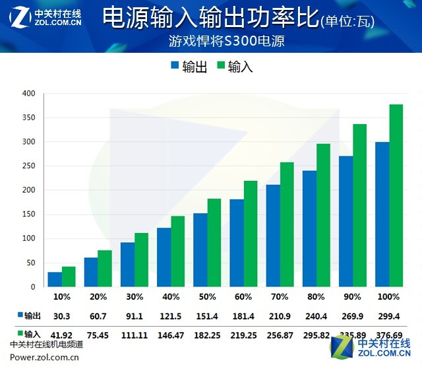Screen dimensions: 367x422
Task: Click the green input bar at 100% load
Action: click(x=396, y=195)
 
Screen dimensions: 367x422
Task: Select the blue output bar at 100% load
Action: click(x=382, y=215)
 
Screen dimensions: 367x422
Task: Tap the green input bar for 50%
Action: click(x=214, y=242)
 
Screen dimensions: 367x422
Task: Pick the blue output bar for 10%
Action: click(x=55, y=279)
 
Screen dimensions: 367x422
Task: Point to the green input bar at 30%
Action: click(x=142, y=259)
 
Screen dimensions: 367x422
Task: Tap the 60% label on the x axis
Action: click(x=243, y=297)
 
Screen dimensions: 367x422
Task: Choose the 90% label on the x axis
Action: click(x=353, y=297)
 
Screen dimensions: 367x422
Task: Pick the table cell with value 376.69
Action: click(x=389, y=335)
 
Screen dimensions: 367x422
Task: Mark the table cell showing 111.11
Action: click(x=135, y=335)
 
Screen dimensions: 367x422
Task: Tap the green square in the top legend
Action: click(x=220, y=66)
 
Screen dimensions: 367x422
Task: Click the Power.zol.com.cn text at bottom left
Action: click(x=45, y=357)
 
